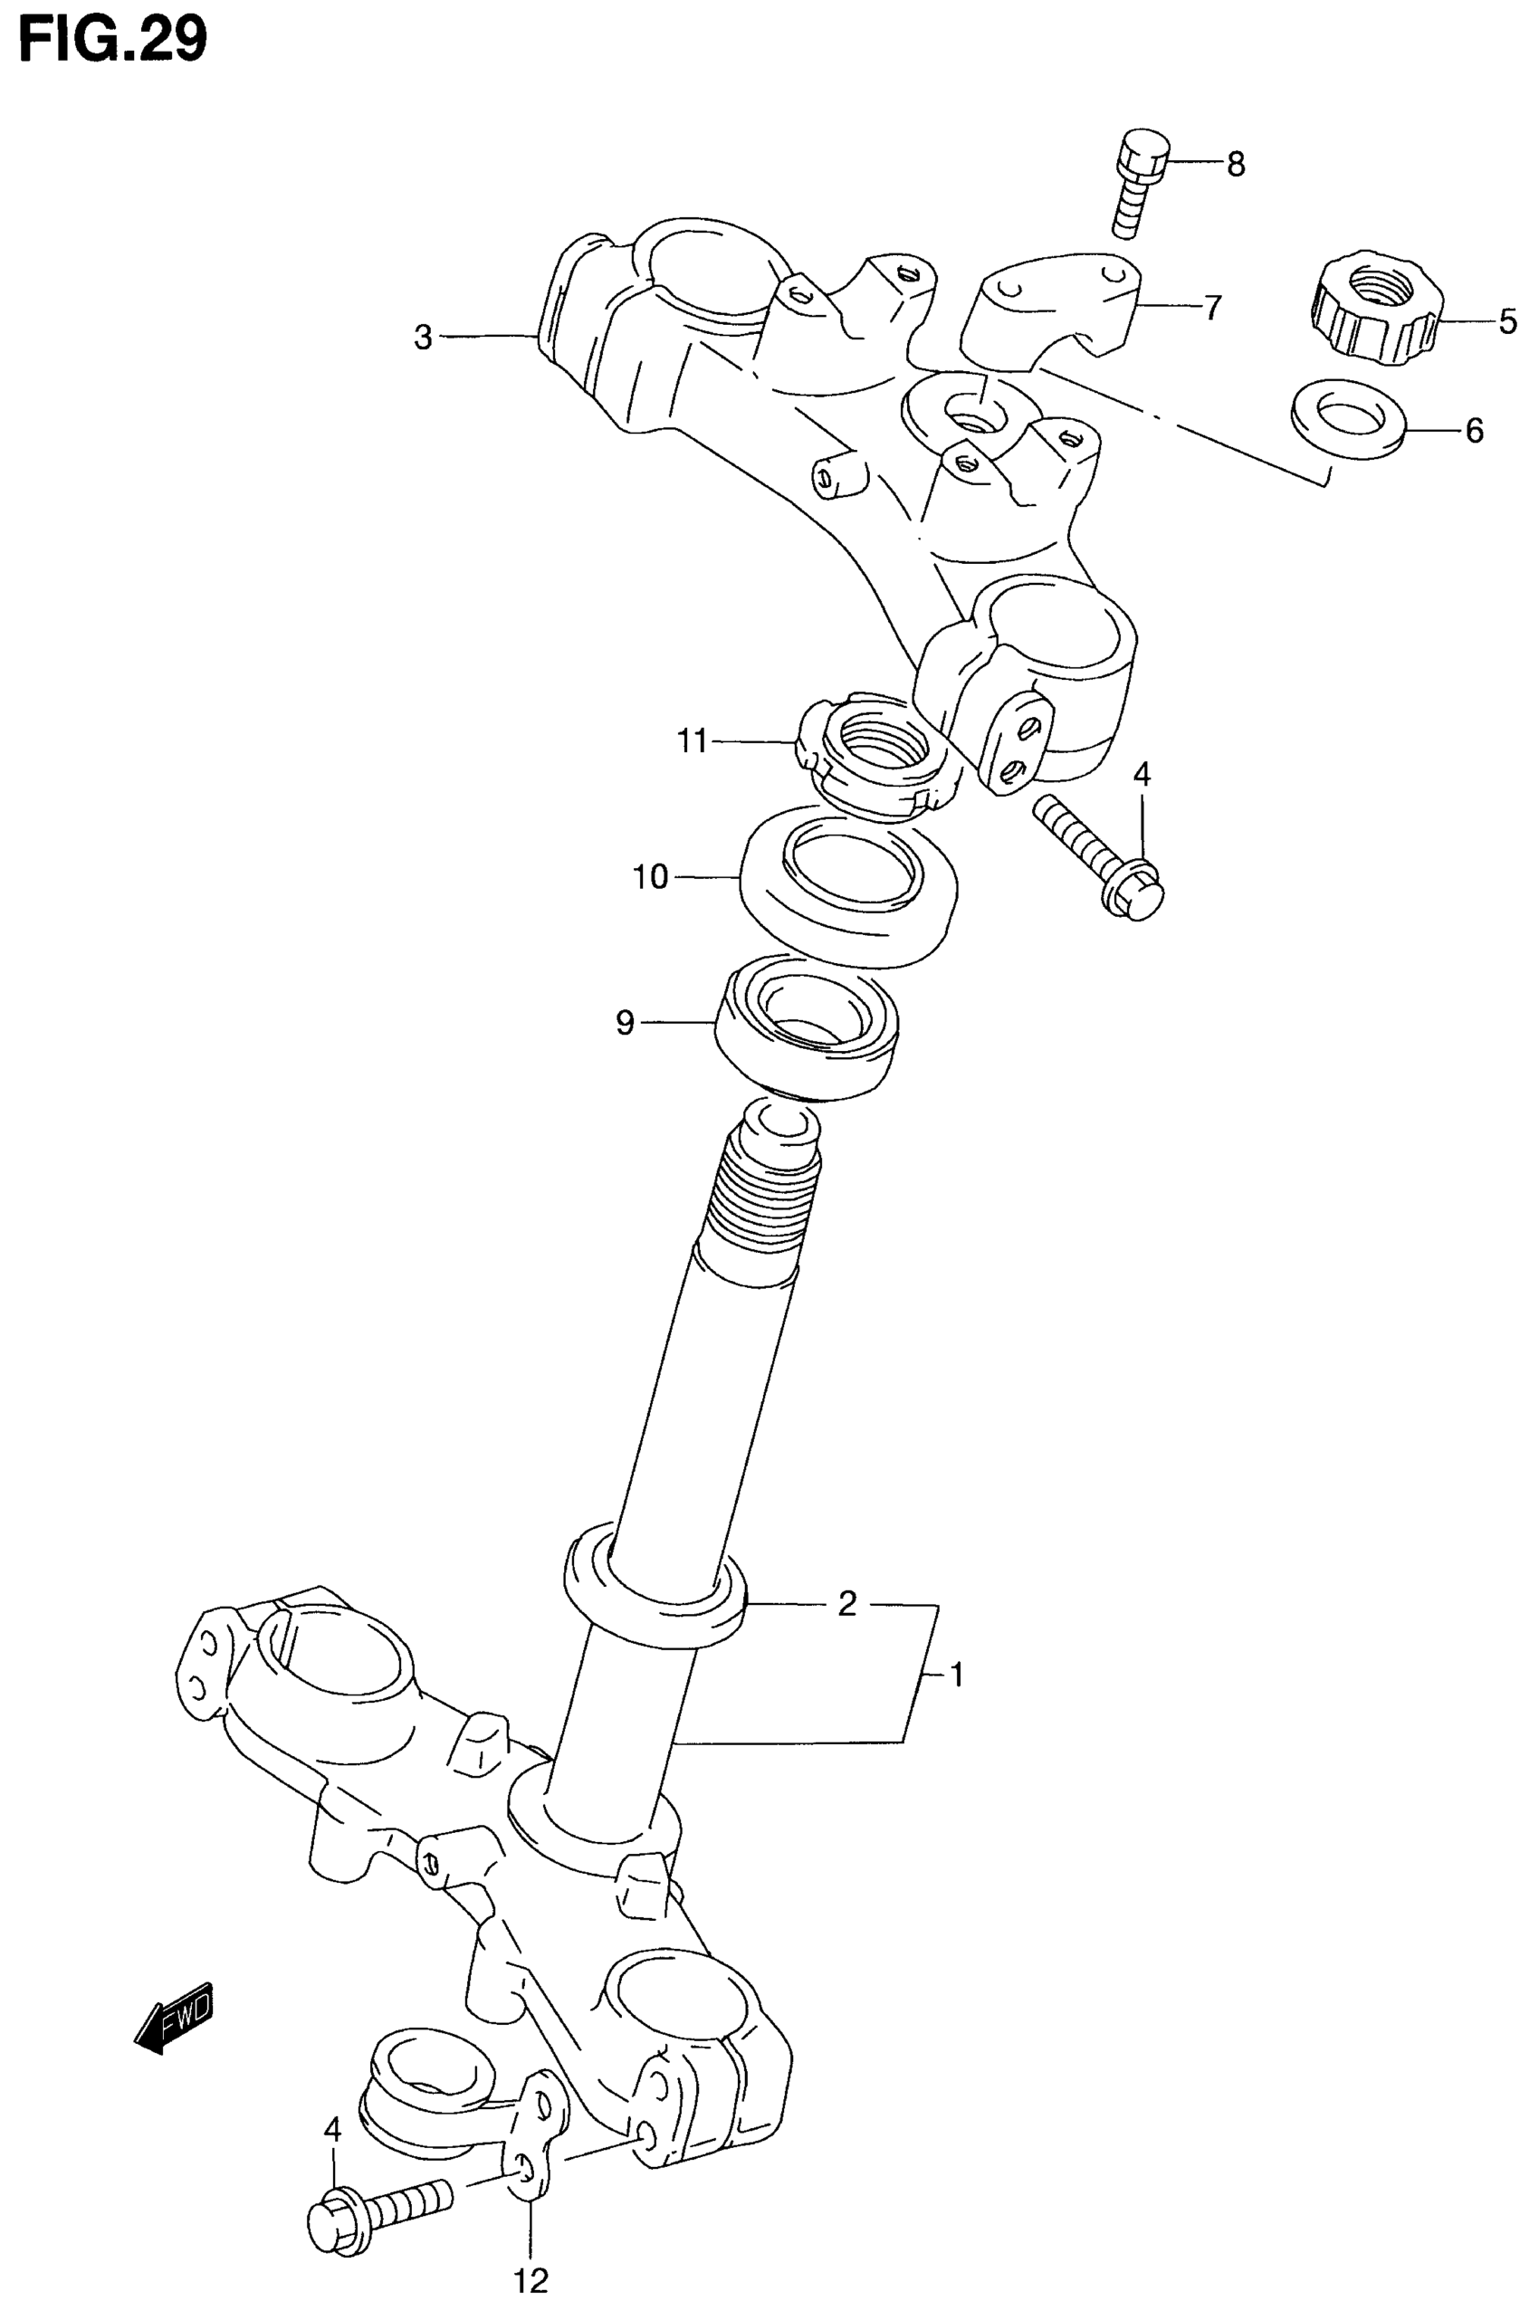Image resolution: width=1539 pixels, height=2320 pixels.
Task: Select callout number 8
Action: pos(1236,164)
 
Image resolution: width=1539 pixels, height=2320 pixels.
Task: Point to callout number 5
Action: pos(1507,321)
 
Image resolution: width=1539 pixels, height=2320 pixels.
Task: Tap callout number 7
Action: pos(1213,307)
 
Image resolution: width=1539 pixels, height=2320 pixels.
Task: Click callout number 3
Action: pos(423,339)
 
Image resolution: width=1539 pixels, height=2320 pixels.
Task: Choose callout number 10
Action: pos(651,875)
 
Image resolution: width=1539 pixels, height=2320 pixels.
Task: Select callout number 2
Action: pos(847,1604)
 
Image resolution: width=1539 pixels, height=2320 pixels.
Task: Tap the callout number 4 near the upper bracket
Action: pos(1141,776)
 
